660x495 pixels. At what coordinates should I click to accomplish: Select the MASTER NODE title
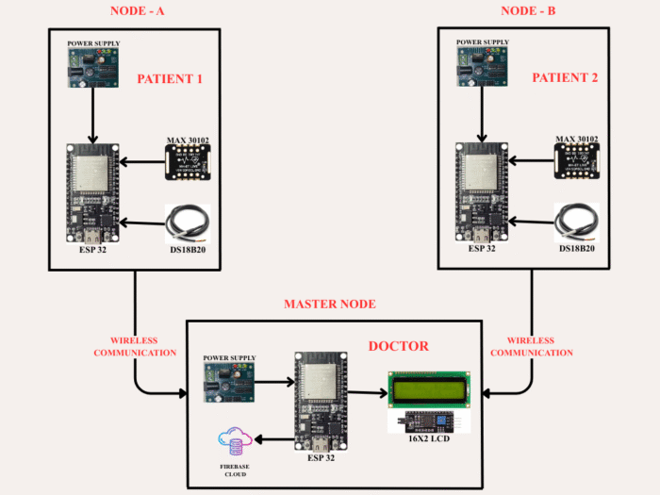(330, 304)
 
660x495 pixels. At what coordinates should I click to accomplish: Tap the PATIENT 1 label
(171, 78)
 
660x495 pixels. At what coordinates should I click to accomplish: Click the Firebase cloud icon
(235, 441)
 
